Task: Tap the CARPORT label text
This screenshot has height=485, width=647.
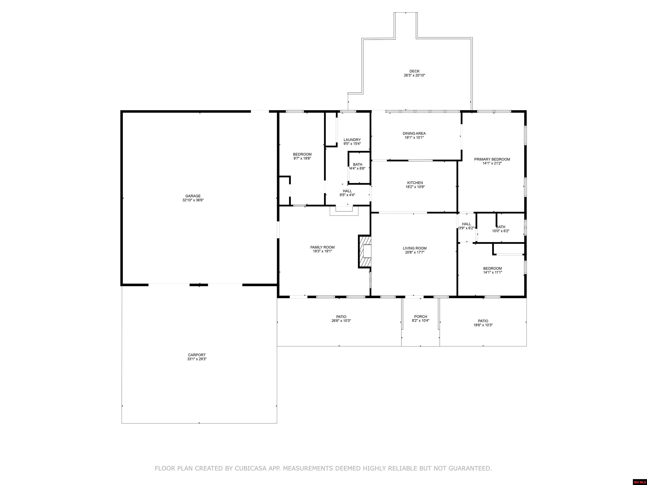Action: (197, 355)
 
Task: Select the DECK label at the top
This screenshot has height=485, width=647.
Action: (414, 71)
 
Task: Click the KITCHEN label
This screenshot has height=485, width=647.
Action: (415, 183)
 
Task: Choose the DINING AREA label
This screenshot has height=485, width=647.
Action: (414, 133)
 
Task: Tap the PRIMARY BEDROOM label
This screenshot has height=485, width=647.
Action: (492, 159)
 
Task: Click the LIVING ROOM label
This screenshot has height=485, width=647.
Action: (415, 248)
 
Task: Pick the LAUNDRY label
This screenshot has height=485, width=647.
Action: (352, 140)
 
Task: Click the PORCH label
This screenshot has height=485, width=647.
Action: (421, 317)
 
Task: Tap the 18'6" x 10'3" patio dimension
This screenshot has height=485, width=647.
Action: (483, 325)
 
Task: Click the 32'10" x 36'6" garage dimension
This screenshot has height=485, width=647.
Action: (193, 200)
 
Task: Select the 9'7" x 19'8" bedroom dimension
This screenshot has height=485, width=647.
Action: (302, 159)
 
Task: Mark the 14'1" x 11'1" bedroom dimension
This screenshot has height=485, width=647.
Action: (493, 272)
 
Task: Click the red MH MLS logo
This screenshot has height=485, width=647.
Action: (640, 482)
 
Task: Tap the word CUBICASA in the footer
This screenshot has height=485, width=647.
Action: (251, 468)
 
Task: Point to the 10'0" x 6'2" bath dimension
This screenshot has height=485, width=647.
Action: (501, 231)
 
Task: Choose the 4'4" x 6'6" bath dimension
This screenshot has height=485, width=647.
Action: (357, 168)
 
